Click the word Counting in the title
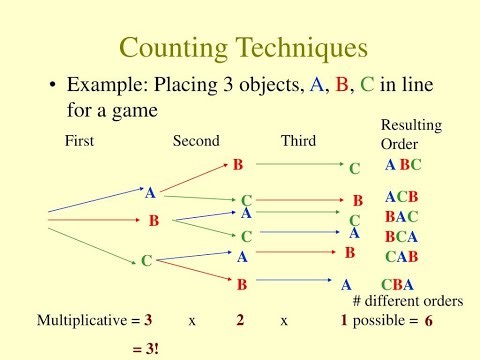(176, 47)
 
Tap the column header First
(79, 142)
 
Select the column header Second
(196, 142)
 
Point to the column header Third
(299, 142)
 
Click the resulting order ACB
(401, 197)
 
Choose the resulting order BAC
(401, 216)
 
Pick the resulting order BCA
(401, 237)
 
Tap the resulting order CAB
(401, 256)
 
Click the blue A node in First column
(150, 193)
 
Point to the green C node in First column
(146, 261)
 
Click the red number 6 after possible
(429, 322)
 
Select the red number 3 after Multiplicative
(148, 322)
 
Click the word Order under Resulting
(400, 144)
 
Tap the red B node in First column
(153, 220)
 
